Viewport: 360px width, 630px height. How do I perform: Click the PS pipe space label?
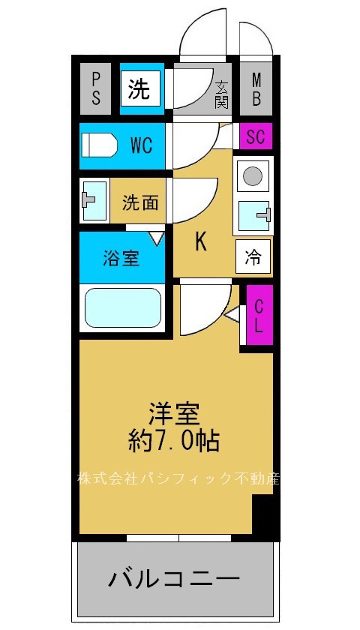click(96, 88)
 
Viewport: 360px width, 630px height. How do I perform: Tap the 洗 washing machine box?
click(139, 90)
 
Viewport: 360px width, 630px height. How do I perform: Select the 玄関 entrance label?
click(221, 94)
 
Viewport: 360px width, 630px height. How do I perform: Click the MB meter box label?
click(256, 88)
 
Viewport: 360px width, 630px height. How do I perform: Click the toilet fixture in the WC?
click(100, 145)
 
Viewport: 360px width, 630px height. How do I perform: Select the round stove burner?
click(253, 176)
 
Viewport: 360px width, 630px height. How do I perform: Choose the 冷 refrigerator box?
click(253, 258)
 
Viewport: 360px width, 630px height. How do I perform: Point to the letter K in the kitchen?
click(200, 241)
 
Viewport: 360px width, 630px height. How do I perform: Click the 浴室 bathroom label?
click(121, 259)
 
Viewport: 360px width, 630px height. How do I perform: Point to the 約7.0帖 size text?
click(173, 440)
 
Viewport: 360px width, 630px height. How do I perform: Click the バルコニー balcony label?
click(174, 578)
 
